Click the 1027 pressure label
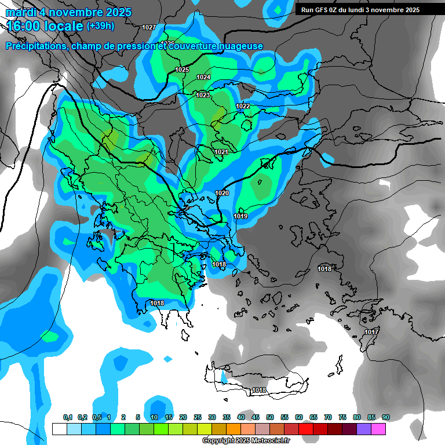pyautogui.click(x=149, y=27)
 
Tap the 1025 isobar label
pyautogui.click(x=182, y=70)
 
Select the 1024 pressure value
pyautogui.click(x=203, y=77)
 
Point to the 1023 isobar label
pyautogui.click(x=203, y=95)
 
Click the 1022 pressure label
pyautogui.click(x=243, y=106)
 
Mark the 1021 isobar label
pyautogui.click(x=221, y=152)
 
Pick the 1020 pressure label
pyautogui.click(x=222, y=193)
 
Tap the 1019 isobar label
pyautogui.click(x=241, y=216)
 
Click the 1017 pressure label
pyautogui.click(x=371, y=332)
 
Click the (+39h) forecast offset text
pyautogui.click(x=100, y=25)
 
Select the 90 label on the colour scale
pyautogui.click(x=385, y=417)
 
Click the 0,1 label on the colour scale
pyautogui.click(x=68, y=417)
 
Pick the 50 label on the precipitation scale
pyautogui.click(x=270, y=417)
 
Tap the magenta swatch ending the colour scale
pyautogui.click(x=378, y=429)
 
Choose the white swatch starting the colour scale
pyautogui.click(x=59, y=429)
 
